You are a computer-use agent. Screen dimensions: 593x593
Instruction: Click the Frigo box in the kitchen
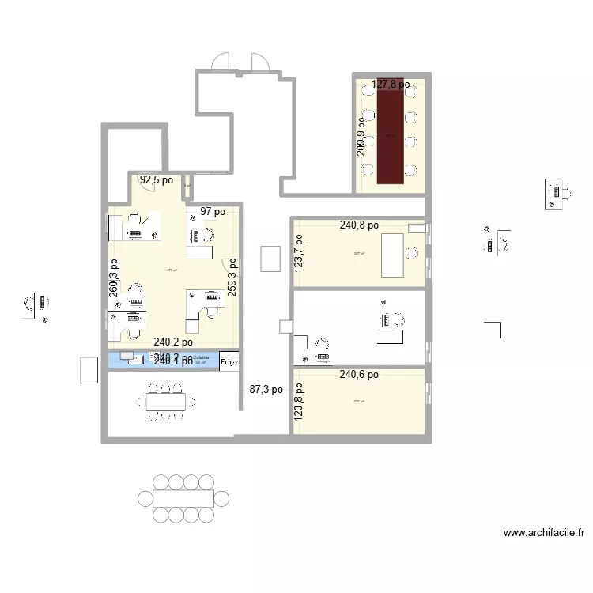(228, 361)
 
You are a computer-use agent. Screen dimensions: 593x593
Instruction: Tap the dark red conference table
(390, 136)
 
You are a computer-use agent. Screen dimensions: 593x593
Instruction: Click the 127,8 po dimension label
(391, 84)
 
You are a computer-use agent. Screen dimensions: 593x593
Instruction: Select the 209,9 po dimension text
(361, 136)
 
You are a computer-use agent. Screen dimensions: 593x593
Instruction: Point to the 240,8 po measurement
(359, 225)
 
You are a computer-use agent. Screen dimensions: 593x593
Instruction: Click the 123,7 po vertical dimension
(300, 251)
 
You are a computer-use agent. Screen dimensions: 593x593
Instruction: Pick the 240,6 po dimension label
(359, 376)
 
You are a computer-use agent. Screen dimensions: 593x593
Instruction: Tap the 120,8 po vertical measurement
(300, 407)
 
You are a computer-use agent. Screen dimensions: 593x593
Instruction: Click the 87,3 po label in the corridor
(266, 390)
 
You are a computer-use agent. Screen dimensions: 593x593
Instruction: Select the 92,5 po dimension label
(157, 180)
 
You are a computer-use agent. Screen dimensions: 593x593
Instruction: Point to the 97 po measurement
(213, 212)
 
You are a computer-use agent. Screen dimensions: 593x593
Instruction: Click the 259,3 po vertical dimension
(232, 278)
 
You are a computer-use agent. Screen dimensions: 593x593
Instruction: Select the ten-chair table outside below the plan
(184, 499)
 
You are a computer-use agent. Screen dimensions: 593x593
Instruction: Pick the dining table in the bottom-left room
(166, 402)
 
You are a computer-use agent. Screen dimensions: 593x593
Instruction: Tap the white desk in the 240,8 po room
(393, 255)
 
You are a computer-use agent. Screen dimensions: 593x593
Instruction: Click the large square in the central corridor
(270, 259)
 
